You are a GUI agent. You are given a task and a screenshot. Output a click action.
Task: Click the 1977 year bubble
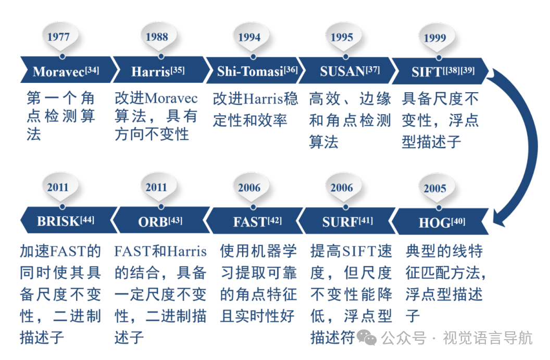click(x=58, y=38)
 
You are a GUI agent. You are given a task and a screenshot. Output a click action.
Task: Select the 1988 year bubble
click(x=157, y=37)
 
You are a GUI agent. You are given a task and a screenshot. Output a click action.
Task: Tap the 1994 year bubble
click(x=249, y=38)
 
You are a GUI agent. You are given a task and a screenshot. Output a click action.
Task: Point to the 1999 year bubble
click(x=435, y=38)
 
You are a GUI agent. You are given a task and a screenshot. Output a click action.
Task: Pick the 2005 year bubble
click(x=435, y=189)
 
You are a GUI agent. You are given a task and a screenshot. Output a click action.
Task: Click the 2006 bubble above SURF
click(x=342, y=188)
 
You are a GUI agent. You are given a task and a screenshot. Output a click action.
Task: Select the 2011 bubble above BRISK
click(x=58, y=188)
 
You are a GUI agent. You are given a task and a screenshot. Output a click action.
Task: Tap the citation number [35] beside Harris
click(x=178, y=69)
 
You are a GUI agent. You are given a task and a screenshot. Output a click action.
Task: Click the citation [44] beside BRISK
click(x=87, y=219)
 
